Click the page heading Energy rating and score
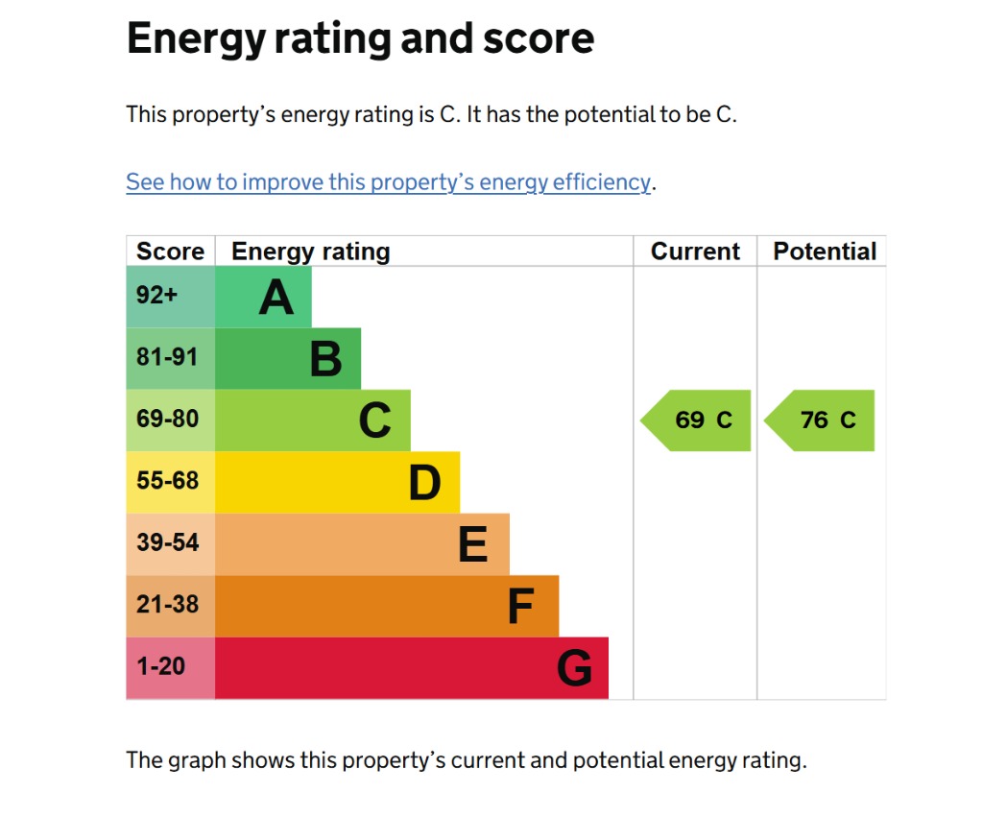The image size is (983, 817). pos(360,39)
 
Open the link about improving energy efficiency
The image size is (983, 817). pos(388,182)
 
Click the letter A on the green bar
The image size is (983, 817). pos(276,298)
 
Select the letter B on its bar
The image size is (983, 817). pos(325,359)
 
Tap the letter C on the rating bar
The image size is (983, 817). pos(374,421)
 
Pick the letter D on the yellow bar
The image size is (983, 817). pos(424,483)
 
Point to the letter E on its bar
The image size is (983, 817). pos(472,545)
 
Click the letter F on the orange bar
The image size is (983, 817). pos(520,607)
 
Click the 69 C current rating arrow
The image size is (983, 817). pos(697,421)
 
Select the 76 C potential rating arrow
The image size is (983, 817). pos(821,421)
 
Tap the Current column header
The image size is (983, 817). pos(695,252)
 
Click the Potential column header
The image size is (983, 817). pos(825,252)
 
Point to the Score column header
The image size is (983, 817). pos(170,252)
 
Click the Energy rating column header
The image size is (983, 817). pos(311,252)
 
